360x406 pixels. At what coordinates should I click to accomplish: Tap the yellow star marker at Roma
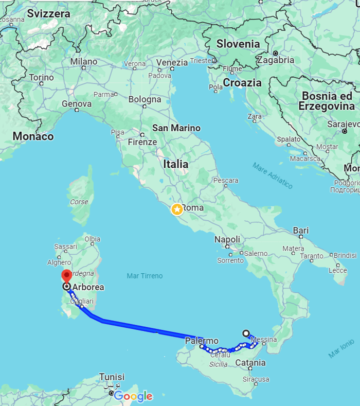177,209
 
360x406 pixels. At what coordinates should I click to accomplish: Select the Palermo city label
203,341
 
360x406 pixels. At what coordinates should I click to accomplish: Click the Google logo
133,396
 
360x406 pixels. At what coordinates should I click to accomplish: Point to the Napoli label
227,239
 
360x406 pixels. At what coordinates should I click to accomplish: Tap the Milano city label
83,62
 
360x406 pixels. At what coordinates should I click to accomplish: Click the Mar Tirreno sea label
145,276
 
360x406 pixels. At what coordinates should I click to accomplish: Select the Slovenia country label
238,44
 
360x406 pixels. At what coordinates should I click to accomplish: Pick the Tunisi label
112,377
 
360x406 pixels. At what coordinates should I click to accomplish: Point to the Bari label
301,230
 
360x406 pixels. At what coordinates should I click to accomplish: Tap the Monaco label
33,136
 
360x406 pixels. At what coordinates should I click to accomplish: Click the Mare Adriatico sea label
272,175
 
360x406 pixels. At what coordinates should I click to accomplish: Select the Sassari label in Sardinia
65,247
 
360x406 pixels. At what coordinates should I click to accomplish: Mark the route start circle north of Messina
246,333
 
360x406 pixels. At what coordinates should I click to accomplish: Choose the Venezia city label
172,62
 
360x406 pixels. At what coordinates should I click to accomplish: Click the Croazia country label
243,82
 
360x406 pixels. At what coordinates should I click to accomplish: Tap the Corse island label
79,202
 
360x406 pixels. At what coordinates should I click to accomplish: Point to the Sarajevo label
345,124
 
